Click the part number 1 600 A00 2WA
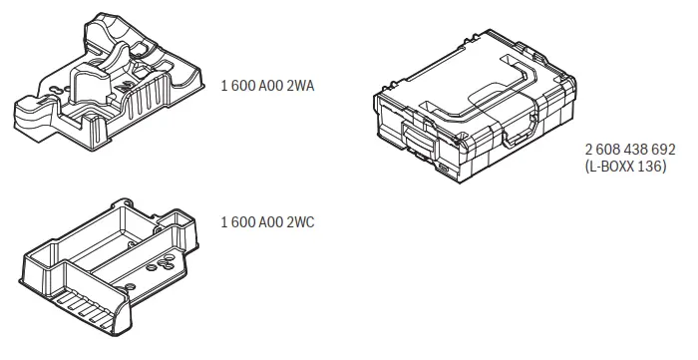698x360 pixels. [x=267, y=87]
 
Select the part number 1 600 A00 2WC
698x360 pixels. [x=267, y=221]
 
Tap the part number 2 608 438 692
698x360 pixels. [x=629, y=149]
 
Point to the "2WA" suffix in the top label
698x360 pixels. [x=301, y=87]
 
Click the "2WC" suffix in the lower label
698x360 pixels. [x=301, y=221]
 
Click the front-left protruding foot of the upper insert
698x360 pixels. [x=25, y=108]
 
